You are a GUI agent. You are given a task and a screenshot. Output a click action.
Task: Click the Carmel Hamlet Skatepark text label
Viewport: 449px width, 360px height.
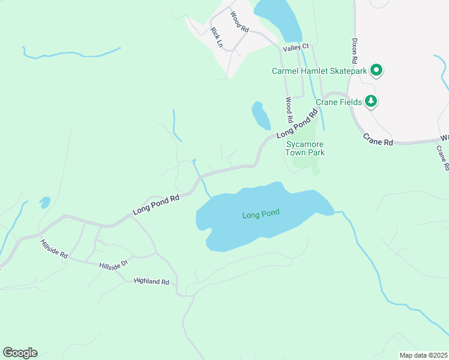click(319, 71)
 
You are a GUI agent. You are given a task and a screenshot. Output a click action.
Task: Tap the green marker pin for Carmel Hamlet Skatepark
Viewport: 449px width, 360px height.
click(376, 71)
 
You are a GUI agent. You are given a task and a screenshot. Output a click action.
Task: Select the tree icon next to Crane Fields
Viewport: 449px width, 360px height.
click(372, 101)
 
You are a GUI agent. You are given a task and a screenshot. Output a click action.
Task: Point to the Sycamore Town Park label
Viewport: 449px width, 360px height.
click(305, 149)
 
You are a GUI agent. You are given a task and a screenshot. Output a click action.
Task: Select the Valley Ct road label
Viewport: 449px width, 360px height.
click(297, 46)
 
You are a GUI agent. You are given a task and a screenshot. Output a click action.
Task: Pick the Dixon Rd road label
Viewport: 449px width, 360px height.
click(355, 53)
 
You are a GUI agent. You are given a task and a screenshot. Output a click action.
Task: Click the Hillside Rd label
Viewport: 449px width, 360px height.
click(54, 250)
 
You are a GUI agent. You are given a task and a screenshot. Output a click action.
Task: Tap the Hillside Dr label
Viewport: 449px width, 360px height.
click(114, 265)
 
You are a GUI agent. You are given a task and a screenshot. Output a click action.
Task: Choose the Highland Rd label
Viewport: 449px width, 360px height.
click(152, 281)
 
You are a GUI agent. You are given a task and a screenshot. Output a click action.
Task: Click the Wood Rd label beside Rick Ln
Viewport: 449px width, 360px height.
click(240, 23)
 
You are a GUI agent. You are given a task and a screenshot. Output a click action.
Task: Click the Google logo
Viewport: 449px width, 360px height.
click(20, 353)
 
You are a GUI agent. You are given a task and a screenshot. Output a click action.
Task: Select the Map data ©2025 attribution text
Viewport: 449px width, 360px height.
click(423, 355)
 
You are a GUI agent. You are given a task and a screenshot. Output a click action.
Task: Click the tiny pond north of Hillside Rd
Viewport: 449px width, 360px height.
click(45, 202)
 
